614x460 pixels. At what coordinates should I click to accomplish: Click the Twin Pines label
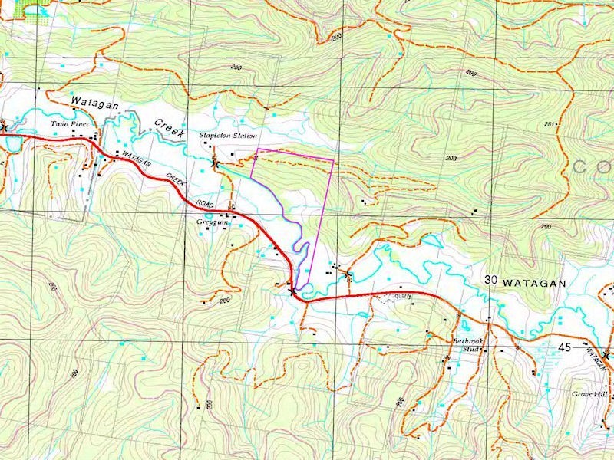(x=65, y=123)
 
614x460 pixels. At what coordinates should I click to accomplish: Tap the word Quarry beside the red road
(x=403, y=295)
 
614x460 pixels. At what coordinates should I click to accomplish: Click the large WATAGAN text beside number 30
(x=534, y=283)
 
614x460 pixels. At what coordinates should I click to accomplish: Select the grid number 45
(x=564, y=347)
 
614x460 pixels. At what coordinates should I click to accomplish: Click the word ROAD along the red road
(x=203, y=203)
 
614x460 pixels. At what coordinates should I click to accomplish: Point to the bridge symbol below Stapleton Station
(x=216, y=163)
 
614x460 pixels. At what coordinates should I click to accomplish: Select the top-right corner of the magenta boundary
(x=334, y=160)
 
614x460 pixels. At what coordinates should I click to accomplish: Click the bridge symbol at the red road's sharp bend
(x=292, y=291)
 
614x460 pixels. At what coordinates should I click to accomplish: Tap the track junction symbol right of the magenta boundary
(x=347, y=272)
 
